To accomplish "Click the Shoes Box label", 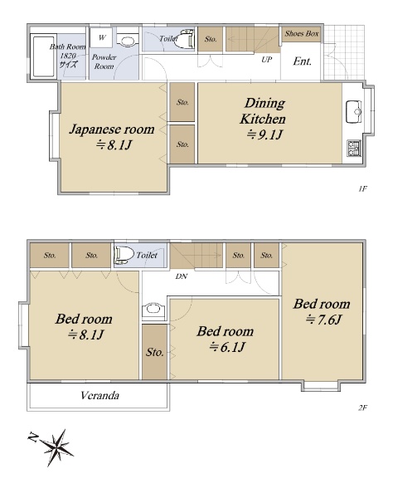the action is point(301,34).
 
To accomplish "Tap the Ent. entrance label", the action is point(302,61).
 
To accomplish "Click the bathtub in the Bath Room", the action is point(43,56).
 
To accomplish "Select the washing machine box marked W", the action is point(101,37).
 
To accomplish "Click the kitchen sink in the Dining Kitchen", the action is point(354,111).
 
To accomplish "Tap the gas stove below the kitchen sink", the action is point(354,149).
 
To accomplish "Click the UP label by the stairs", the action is point(267,60).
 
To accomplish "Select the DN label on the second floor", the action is point(182,276).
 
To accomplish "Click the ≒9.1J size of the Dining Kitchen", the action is point(264,135).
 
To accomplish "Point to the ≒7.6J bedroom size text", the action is point(323,320).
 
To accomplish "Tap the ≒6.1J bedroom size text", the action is point(226,347).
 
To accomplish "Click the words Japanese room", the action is point(112,129).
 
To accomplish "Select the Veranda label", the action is point(100,395).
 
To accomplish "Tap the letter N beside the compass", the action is point(32,437).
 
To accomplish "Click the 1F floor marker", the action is point(362,189).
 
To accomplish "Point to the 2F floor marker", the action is point(362,408).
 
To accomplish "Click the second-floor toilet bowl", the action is point(124,255).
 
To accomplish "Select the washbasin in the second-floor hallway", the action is point(153,310).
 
